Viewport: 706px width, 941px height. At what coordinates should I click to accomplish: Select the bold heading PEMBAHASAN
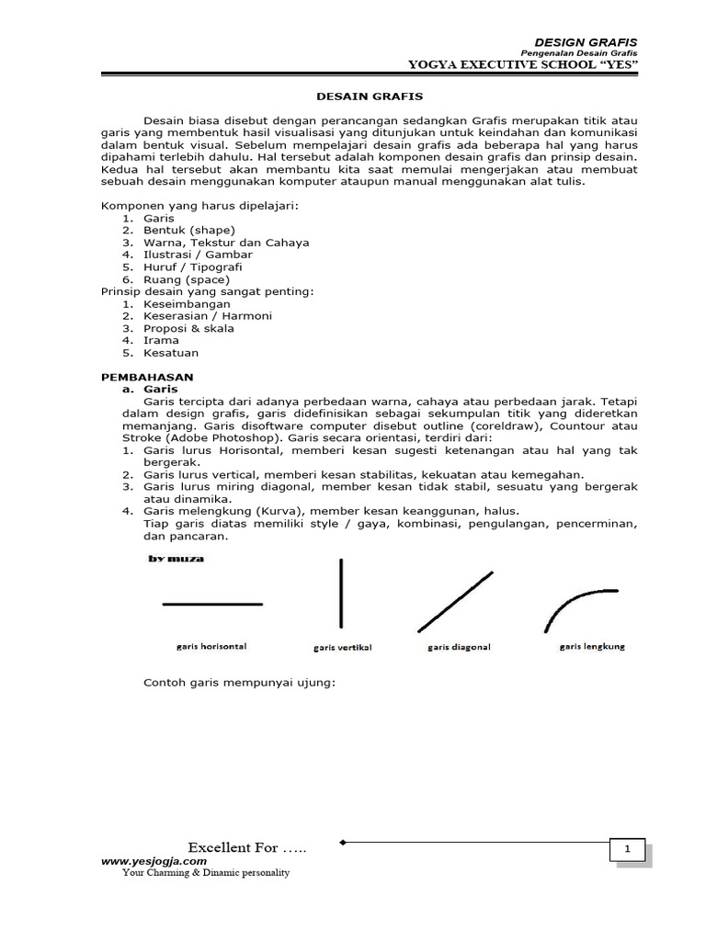point(146,377)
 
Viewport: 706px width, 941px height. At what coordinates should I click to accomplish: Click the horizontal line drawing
point(212,604)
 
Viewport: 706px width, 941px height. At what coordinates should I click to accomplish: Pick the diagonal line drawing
point(455,601)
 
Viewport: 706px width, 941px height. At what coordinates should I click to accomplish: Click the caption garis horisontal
point(211,646)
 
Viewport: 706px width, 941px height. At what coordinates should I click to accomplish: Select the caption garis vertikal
point(342,648)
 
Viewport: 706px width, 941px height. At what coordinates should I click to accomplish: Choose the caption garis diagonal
point(459,647)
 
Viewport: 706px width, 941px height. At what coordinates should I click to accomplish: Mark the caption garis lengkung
point(592,646)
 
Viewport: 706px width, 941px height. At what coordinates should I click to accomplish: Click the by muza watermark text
point(176,558)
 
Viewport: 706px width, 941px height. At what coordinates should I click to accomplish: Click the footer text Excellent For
point(246,847)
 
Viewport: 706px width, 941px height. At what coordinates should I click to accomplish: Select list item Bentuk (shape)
point(189,231)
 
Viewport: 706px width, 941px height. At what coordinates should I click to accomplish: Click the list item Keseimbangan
point(187,304)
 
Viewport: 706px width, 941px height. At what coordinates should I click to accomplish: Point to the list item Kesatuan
point(171,353)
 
